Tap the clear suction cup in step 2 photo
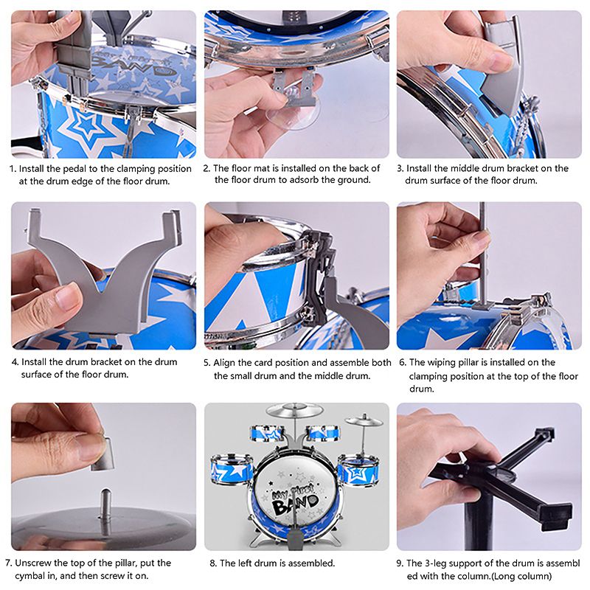tap(293, 111)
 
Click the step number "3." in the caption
tap(400, 169)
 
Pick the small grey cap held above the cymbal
tap(103, 454)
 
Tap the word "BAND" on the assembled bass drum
tap(296, 504)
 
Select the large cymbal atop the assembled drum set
tap(294, 410)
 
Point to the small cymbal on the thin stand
tap(364, 421)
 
